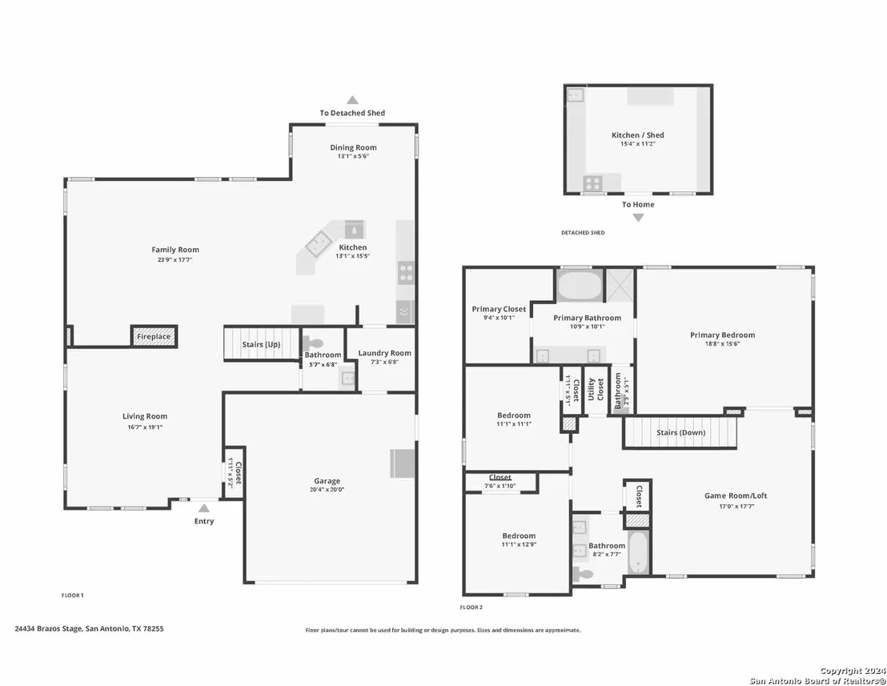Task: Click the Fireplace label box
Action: tap(154, 336)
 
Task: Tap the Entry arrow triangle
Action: tap(204, 507)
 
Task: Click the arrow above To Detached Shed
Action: tap(352, 100)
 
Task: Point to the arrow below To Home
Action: tap(638, 218)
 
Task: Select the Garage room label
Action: tap(327, 481)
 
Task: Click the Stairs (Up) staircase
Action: tap(261, 343)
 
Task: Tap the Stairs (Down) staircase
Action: tap(680, 432)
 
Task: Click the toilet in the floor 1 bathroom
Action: tap(312, 343)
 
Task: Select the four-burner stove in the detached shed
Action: tap(593, 183)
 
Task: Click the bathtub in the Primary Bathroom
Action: tap(580, 286)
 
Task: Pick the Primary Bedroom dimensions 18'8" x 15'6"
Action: tap(722, 344)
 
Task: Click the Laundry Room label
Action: tap(385, 353)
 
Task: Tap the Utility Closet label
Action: tap(595, 389)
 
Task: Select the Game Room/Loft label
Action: tap(736, 495)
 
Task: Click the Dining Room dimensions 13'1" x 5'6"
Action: tap(354, 156)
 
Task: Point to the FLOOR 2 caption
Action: tap(472, 608)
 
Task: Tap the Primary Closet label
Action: tap(499, 309)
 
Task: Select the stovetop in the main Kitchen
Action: tap(406, 271)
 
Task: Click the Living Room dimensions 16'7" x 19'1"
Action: tap(145, 427)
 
